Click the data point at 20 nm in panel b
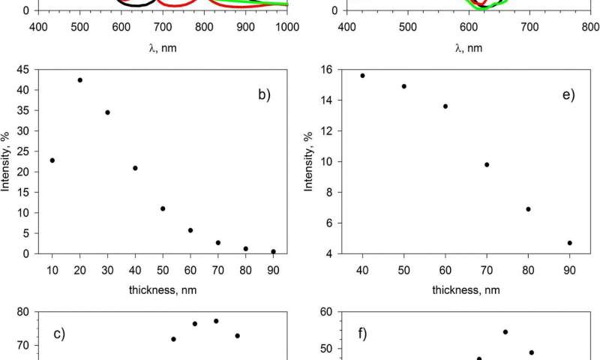pos(79,80)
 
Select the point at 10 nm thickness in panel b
pos(52,160)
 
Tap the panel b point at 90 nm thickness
pos(273,251)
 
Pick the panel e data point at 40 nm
pos(362,76)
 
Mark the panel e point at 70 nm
pos(487,165)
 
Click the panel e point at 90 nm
pos(570,243)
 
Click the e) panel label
pos(567,96)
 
